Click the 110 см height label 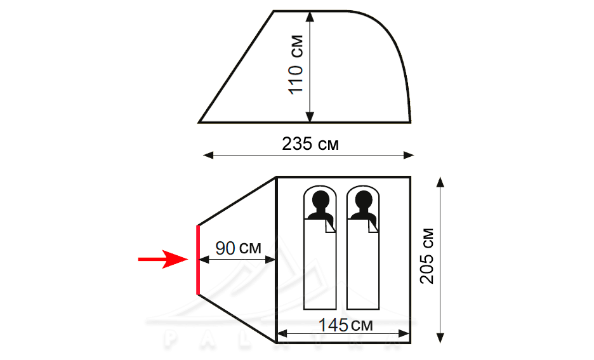(x=296, y=64)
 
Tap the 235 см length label (x=310, y=144)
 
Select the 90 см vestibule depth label (x=238, y=248)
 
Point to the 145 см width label (x=345, y=324)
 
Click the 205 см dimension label (x=427, y=255)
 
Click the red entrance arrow (x=163, y=259)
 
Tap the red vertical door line (x=198, y=260)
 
